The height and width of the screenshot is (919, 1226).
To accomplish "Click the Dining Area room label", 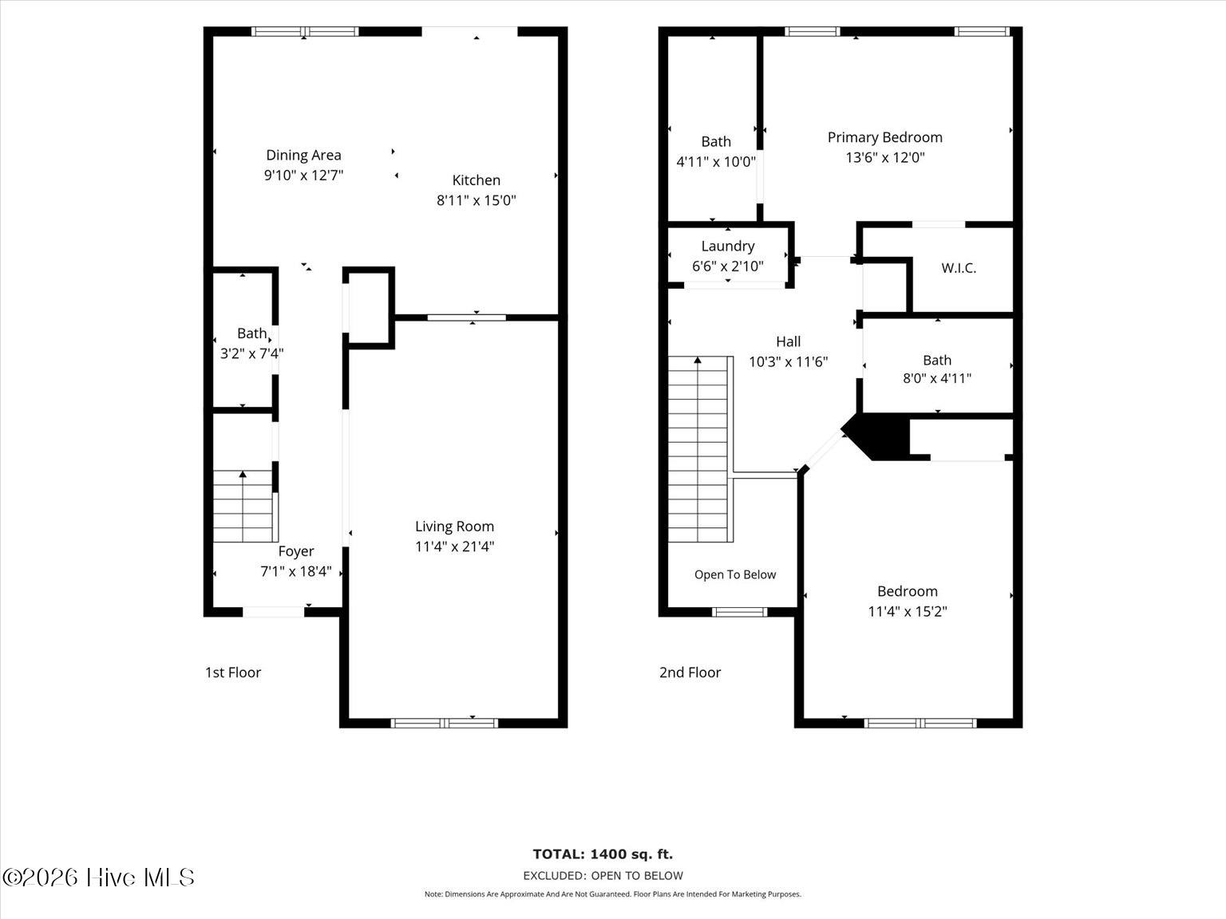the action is click(x=303, y=155).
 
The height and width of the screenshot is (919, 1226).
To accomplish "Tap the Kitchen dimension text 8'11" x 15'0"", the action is click(x=476, y=200).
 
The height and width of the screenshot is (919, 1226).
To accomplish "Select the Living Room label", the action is click(x=454, y=527).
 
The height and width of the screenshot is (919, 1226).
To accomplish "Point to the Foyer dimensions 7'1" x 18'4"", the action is click(x=296, y=571).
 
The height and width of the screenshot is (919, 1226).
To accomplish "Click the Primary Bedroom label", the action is click(x=884, y=138).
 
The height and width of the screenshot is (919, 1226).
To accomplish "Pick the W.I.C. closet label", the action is click(x=959, y=268).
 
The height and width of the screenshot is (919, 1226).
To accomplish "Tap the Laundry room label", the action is click(x=728, y=247).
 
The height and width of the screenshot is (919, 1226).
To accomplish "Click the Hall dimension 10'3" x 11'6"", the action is click(x=788, y=362).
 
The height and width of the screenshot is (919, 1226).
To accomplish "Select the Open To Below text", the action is click(x=735, y=574).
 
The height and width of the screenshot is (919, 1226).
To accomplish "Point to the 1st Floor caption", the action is click(x=233, y=672).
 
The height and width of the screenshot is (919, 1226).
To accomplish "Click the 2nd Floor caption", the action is click(x=690, y=672).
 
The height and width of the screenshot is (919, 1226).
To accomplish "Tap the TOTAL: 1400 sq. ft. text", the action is click(x=603, y=854).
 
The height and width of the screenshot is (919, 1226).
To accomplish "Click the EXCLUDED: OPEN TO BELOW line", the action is click(x=603, y=876).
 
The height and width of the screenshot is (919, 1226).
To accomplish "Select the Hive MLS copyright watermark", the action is click(x=98, y=878).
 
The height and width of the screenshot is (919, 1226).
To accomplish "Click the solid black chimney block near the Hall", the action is click(x=876, y=436).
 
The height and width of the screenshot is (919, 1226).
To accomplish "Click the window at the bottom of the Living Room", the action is click(x=444, y=723).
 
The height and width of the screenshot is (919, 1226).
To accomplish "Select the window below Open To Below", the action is click(x=739, y=612).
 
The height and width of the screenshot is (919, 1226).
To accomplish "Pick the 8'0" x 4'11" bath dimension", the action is click(x=937, y=378).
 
